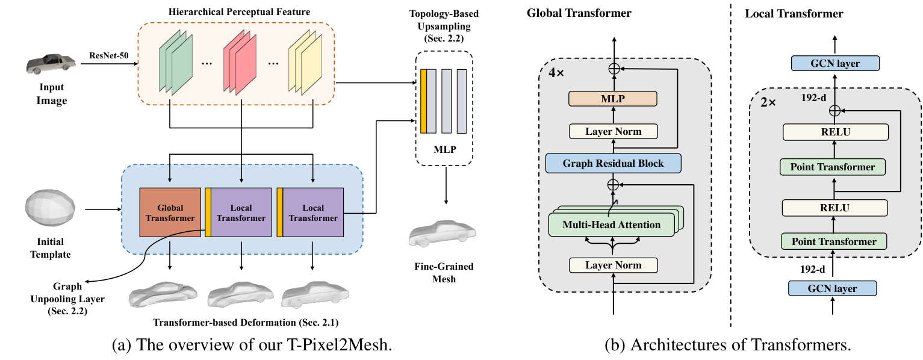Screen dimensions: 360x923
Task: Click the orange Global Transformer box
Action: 170,213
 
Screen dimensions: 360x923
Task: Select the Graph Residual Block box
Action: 613,163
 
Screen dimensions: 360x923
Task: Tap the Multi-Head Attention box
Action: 612,225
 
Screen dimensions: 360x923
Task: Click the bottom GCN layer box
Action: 834,288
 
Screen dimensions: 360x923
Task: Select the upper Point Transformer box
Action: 834,166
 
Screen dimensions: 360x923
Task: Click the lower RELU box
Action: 834,208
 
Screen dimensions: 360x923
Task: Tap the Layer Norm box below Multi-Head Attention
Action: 613,265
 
